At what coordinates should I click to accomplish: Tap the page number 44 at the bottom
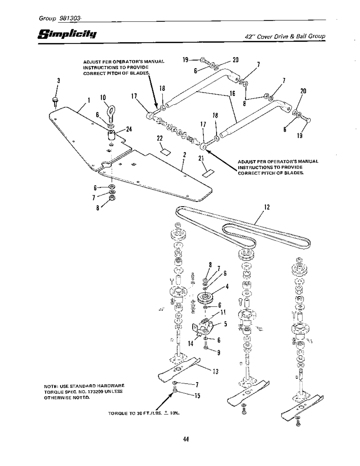click(185, 439)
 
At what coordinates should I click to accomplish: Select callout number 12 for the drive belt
click(267, 207)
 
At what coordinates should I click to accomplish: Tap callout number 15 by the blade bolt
click(197, 396)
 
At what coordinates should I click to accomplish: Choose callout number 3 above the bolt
click(59, 80)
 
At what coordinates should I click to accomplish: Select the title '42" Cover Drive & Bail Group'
click(285, 37)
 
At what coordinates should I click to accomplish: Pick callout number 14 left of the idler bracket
click(191, 344)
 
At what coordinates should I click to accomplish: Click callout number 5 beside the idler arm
click(226, 324)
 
